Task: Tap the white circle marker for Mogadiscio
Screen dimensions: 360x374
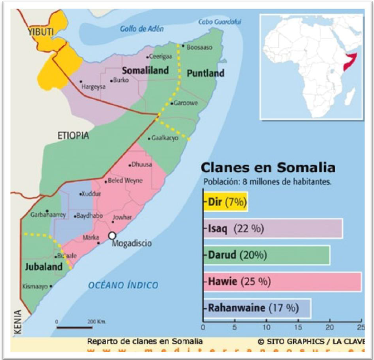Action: click(112, 236)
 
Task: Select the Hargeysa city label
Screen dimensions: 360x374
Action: click(96, 89)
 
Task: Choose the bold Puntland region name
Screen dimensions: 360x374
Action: click(206, 73)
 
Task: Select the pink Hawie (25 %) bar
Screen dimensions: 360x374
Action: click(282, 282)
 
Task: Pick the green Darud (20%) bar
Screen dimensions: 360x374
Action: click(266, 255)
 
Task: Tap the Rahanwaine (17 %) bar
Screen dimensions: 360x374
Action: click(257, 308)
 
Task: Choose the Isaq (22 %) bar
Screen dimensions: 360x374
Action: click(273, 228)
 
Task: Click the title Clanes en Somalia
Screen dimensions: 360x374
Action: click(267, 168)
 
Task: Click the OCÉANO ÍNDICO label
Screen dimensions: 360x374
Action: click(123, 285)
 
